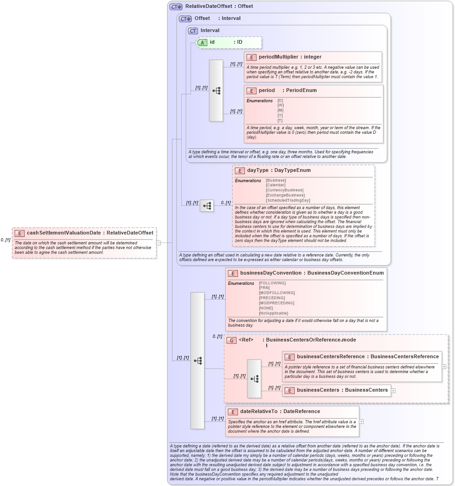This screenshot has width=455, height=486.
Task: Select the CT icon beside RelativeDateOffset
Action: point(176,7)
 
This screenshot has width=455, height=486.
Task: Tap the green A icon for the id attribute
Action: point(202,42)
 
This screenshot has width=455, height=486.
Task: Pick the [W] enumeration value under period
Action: point(280,105)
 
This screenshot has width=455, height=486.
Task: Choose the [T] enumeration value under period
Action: point(280,121)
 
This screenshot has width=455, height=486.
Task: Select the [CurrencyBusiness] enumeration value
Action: point(285,190)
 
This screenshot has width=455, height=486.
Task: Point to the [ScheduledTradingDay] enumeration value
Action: point(288,200)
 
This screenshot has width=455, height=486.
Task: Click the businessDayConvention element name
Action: point(270,273)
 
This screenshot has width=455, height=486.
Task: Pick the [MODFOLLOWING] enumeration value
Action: point(277,293)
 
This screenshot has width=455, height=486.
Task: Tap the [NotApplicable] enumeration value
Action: point(273,313)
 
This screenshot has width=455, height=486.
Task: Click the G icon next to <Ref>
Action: point(231,340)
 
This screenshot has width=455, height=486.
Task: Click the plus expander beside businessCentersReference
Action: point(444,367)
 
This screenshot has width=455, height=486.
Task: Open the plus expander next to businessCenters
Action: point(394,390)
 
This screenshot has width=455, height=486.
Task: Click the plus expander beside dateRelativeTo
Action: point(362,421)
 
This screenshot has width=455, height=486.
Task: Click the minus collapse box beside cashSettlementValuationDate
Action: point(158,243)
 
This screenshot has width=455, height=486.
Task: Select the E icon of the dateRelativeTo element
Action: point(233,412)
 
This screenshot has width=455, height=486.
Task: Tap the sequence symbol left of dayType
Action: point(207,205)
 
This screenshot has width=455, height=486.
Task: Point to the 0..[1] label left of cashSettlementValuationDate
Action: point(6,240)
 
